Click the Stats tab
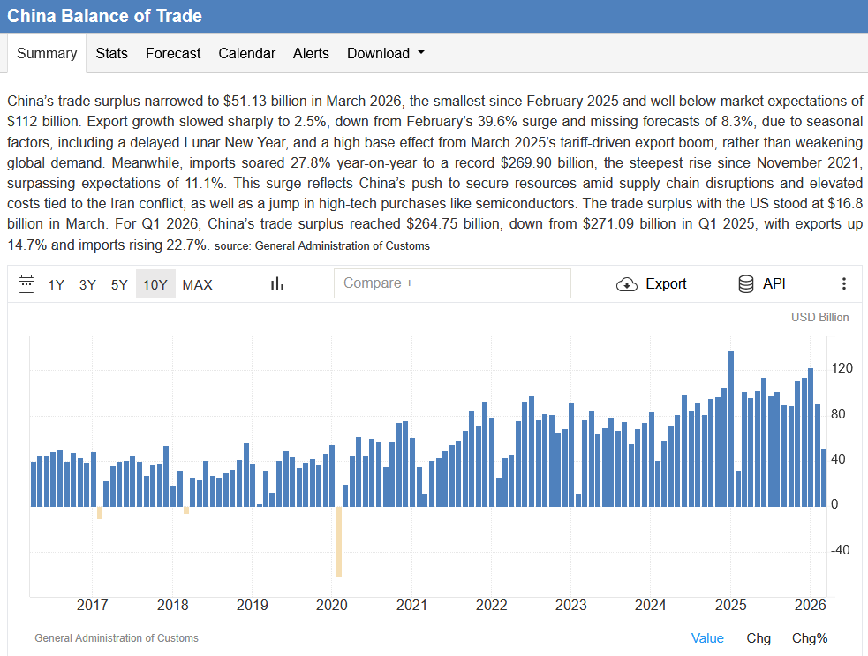click(111, 53)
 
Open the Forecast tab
click(173, 53)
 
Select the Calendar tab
click(246, 53)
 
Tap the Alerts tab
click(311, 53)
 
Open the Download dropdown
click(385, 53)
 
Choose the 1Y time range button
click(56, 284)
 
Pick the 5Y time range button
click(119, 284)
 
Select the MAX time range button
click(197, 284)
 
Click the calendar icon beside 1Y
click(26, 284)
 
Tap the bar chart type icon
click(276, 284)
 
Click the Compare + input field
click(452, 283)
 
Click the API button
click(762, 284)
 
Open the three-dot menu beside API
click(843, 284)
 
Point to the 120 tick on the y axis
click(842, 368)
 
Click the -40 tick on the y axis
click(841, 550)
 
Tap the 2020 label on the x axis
click(332, 605)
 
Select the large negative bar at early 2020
click(339, 542)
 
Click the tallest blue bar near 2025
click(731, 428)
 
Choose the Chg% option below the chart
click(810, 638)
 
